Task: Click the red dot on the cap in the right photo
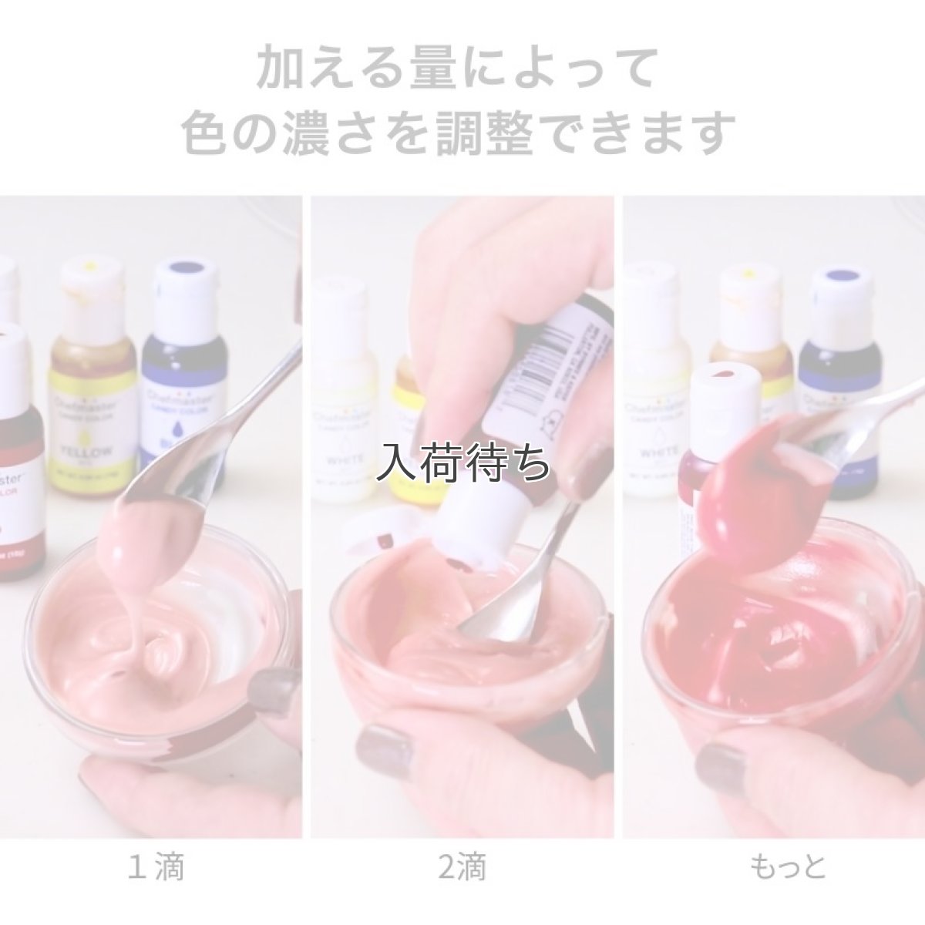(x=725, y=374)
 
